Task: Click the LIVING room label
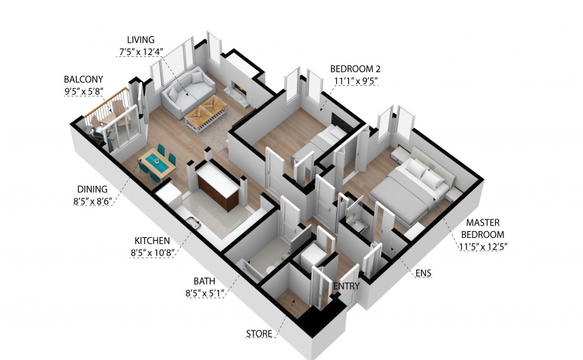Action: coord(141,40)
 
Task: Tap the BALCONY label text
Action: coord(83,80)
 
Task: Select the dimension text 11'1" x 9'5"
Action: coord(356,81)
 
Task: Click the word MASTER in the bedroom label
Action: coord(483,223)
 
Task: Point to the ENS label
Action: coord(423,273)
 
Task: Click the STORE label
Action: coord(259,333)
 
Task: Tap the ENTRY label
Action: coord(346,286)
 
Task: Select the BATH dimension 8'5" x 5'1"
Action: coord(205,293)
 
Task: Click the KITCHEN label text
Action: coord(152,241)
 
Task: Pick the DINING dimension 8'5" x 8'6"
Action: coord(93,201)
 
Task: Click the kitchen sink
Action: coord(193,223)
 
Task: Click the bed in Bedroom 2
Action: coord(319,145)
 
